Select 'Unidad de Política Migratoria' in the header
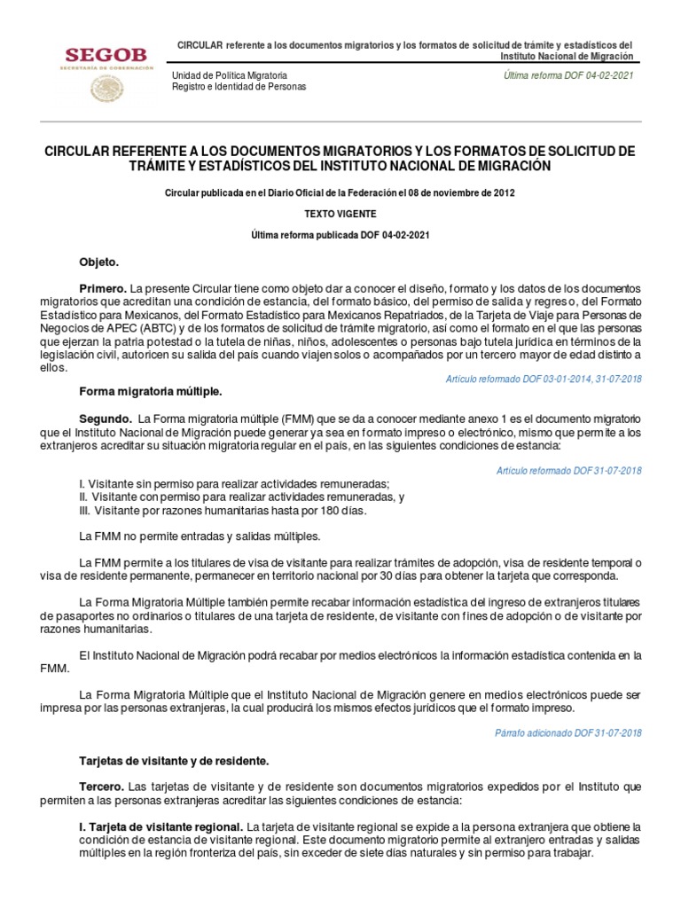coord(229,76)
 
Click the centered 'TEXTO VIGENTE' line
coord(340,214)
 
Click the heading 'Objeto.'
coord(98,263)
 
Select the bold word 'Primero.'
coord(103,289)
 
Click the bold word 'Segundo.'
coord(106,419)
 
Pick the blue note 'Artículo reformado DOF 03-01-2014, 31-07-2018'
coord(544,379)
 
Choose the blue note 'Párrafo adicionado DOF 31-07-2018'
coord(568,732)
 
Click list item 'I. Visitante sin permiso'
coord(234,483)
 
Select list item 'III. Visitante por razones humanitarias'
coord(222,510)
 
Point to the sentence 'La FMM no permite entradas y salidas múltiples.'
coord(199,536)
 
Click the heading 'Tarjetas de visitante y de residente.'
coord(173,761)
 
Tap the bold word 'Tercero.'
coord(102,787)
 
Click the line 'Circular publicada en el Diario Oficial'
coord(340,192)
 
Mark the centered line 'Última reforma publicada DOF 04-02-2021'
coord(340,235)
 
